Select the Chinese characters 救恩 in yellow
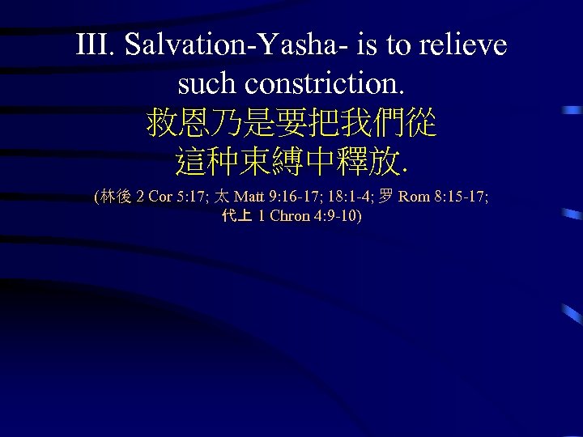[174, 124]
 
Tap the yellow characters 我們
[378, 124]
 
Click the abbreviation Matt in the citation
[249, 197]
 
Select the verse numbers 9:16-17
[295, 197]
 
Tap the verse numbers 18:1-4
[352, 197]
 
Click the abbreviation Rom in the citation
[415, 197]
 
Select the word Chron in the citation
[288, 216]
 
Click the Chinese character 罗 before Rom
[387, 197]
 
